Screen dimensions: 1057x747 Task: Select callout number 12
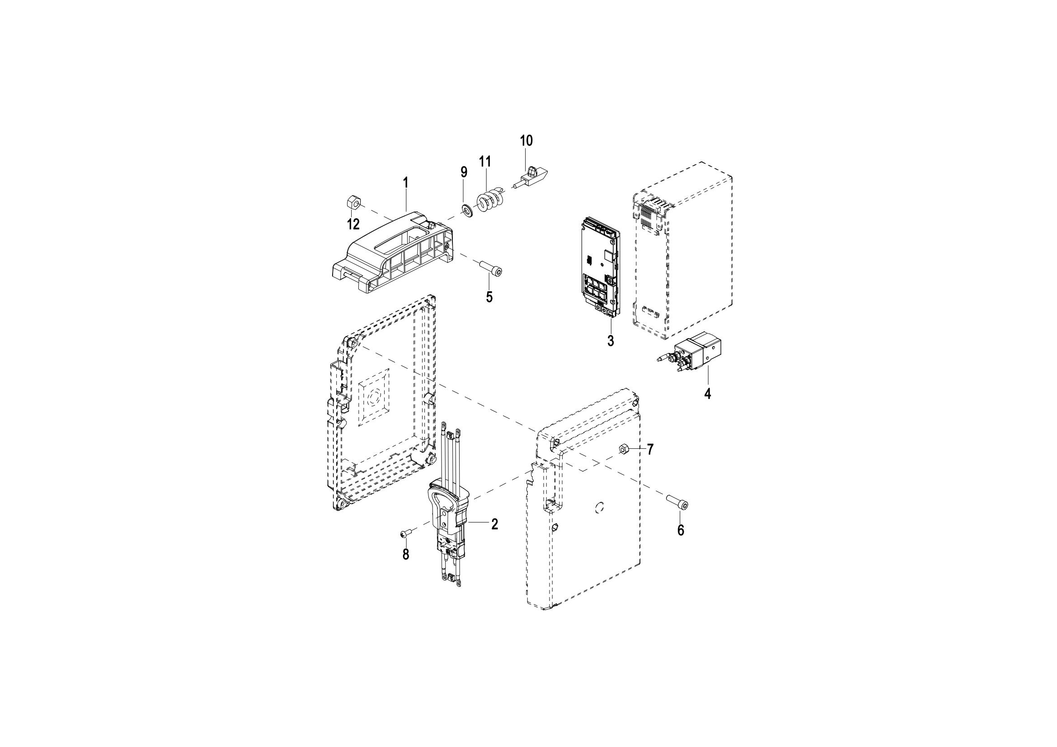point(353,225)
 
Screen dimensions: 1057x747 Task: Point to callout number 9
point(464,172)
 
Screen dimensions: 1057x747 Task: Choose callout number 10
point(526,141)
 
